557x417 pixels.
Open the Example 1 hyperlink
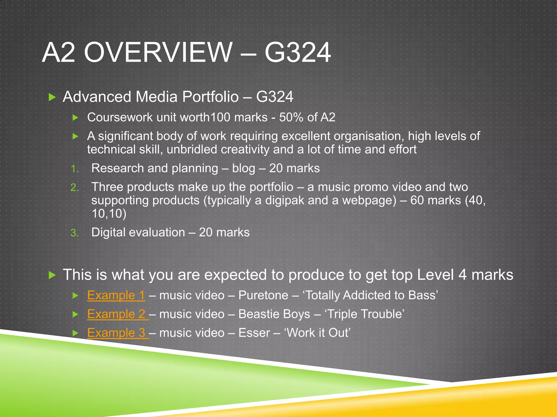click(116, 295)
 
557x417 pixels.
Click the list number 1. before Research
click(75, 169)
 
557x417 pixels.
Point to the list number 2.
click(75, 188)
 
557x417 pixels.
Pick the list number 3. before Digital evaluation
click(75, 233)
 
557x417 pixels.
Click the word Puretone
click(263, 295)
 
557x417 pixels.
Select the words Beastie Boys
click(274, 314)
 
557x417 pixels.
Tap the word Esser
click(254, 333)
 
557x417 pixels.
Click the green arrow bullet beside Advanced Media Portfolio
click(52, 97)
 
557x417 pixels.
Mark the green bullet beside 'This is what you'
click(52, 275)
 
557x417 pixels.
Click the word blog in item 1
click(243, 168)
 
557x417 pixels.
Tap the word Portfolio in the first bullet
click(210, 97)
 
